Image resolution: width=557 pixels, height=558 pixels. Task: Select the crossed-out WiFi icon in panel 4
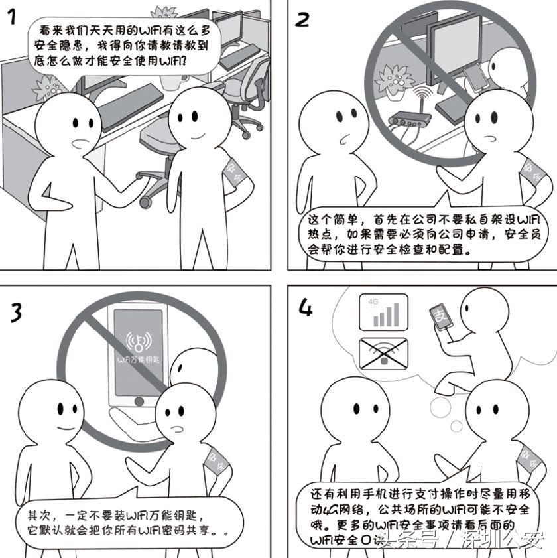coord(383,352)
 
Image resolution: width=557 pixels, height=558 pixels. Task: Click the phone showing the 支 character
coord(440,320)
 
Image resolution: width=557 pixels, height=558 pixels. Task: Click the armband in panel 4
coord(526,457)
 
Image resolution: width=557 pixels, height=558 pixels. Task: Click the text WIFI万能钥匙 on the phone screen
coord(139,360)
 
